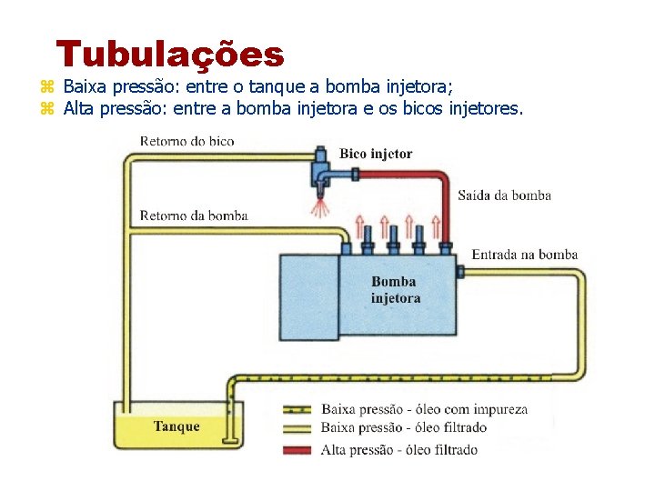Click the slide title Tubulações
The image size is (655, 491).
click(170, 55)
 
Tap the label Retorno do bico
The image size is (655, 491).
click(186, 141)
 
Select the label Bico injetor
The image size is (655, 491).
click(376, 154)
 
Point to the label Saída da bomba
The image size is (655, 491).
click(504, 195)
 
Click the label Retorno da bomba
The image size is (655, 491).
click(194, 215)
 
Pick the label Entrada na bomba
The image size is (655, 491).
click(525, 255)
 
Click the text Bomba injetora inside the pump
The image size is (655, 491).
click(396, 290)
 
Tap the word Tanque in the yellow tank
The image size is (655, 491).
click(176, 426)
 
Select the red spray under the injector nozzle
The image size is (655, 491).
click(319, 209)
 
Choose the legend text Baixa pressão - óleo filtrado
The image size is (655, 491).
click(404, 427)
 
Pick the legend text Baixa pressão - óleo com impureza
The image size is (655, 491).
click(424, 409)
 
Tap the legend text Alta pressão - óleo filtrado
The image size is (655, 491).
click(399, 450)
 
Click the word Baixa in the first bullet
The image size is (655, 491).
click(85, 87)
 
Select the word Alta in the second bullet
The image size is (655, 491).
click(79, 109)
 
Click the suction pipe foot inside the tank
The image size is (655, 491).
click(232, 443)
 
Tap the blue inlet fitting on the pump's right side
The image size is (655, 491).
click(459, 271)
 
